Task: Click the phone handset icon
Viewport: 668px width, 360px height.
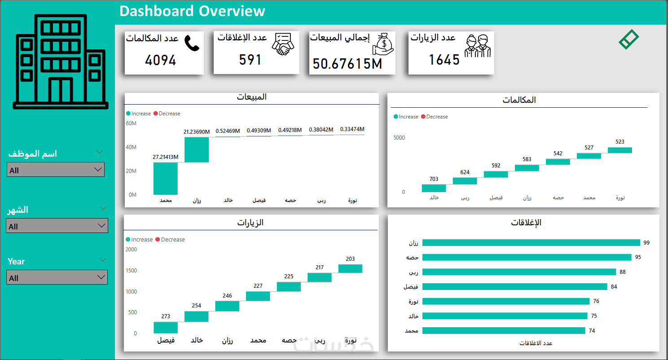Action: (x=192, y=43)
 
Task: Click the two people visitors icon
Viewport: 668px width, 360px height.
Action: (x=477, y=46)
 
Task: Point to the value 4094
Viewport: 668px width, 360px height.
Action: (x=161, y=60)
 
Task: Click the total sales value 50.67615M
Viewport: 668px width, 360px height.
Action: (x=347, y=64)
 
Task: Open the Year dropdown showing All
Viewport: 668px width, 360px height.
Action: (x=57, y=277)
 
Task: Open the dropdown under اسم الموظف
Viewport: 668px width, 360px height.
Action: (x=56, y=170)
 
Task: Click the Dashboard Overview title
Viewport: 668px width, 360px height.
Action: (x=192, y=11)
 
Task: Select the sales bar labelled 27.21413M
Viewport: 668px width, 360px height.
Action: (x=166, y=178)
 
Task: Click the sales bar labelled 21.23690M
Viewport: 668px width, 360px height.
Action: (x=197, y=149)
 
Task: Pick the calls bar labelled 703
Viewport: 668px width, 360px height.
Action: (x=434, y=188)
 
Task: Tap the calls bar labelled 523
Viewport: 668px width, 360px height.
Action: (x=620, y=150)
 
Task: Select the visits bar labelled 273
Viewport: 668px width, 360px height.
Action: (x=166, y=327)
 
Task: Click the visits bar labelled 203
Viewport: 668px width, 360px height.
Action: (x=350, y=268)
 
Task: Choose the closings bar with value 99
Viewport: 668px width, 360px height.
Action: (x=531, y=243)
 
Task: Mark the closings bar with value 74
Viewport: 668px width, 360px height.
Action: (x=504, y=331)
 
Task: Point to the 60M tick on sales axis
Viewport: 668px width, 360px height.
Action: (x=132, y=123)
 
